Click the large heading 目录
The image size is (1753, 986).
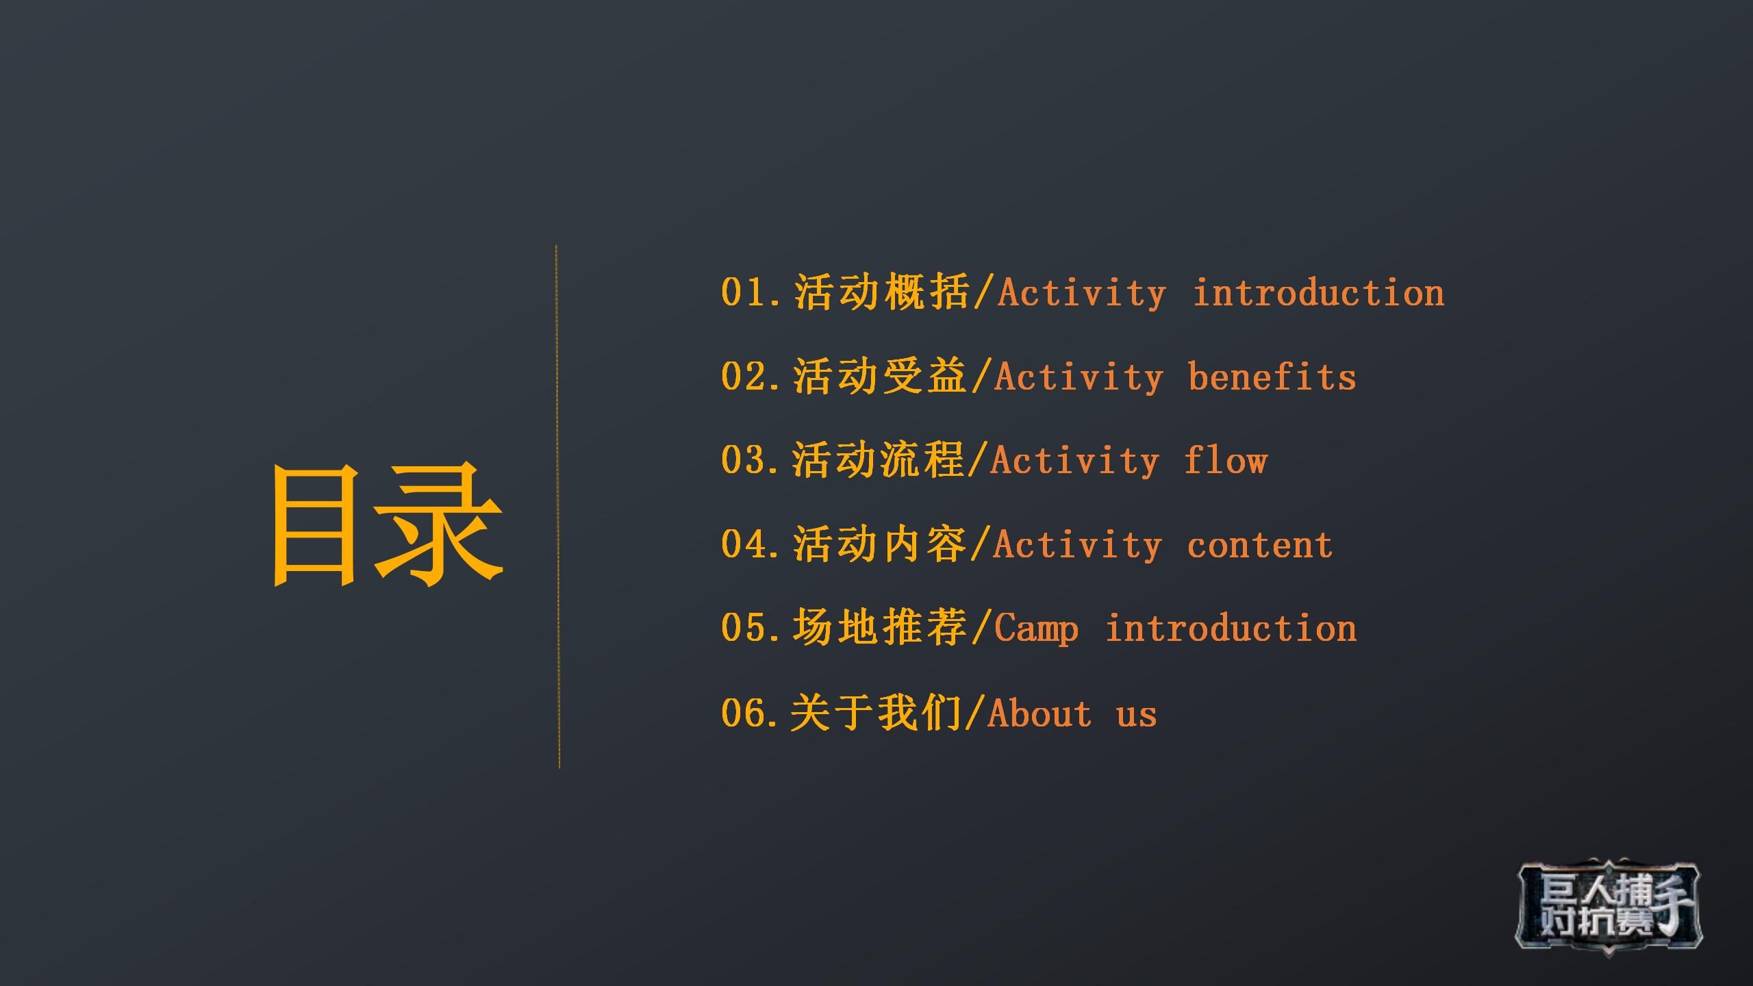[388, 524]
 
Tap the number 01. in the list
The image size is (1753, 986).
[752, 293]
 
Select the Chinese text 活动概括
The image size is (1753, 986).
[882, 292]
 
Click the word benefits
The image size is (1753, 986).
[1272, 377]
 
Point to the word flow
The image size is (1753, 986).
[1226, 460]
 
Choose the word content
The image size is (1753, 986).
[1260, 545]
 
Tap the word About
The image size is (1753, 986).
[1039, 713]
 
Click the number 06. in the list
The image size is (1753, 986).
[752, 713]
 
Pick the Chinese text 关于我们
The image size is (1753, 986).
[876, 713]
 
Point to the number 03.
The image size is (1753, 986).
[752, 460]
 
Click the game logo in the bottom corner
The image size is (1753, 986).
[1609, 905]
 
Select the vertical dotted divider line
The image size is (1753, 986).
[557, 507]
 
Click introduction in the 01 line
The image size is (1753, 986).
[1319, 293]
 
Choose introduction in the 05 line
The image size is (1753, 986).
[1231, 629]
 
